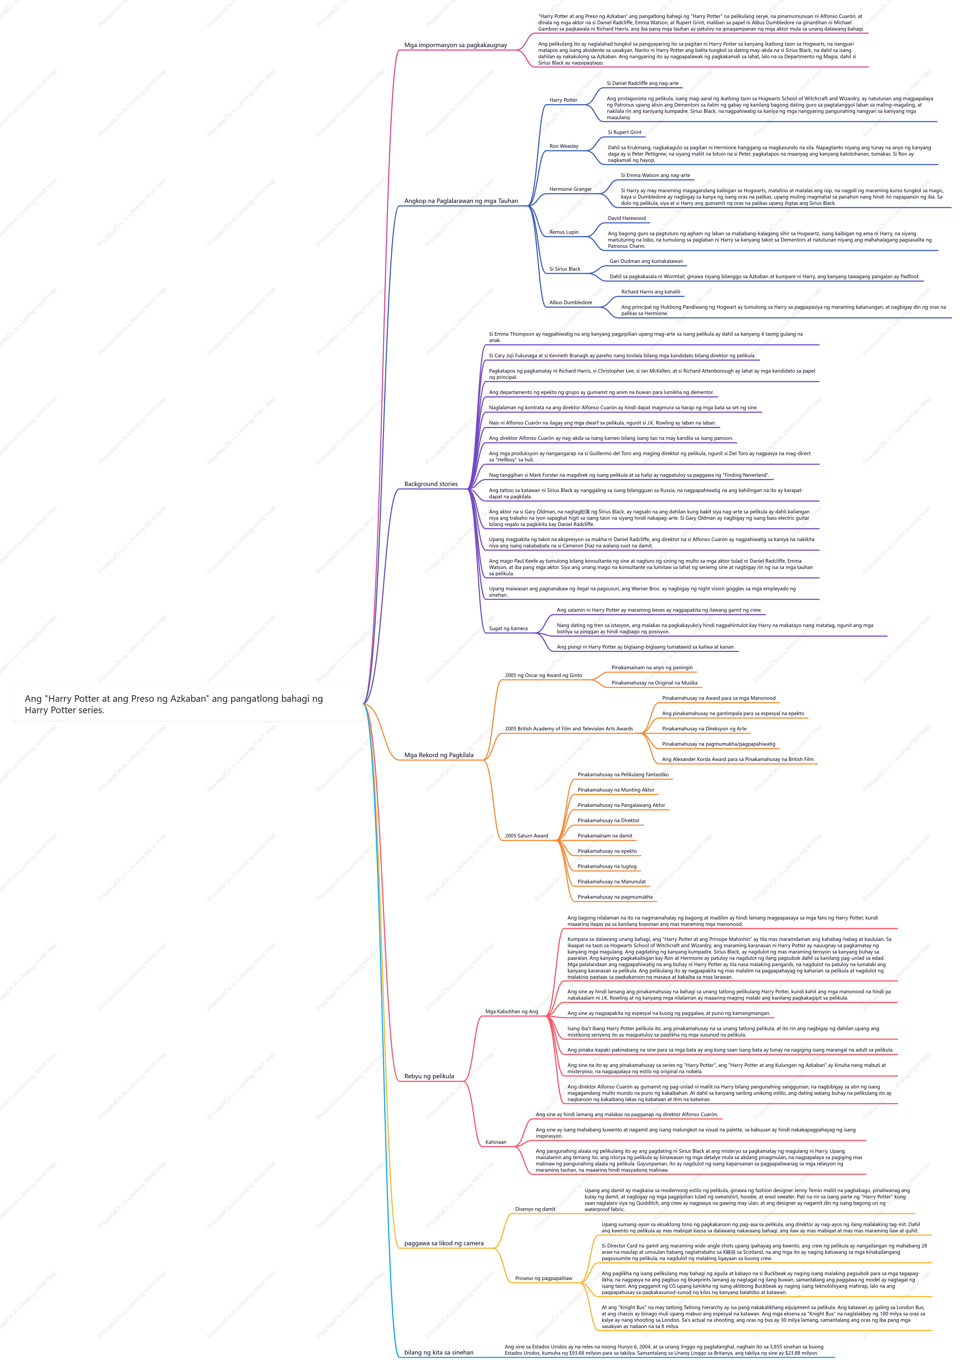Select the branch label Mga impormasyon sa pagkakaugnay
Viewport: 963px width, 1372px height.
click(456, 45)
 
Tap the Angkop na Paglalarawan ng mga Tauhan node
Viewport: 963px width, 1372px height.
click(461, 201)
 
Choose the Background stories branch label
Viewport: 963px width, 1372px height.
click(431, 484)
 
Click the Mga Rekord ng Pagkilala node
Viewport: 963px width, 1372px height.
click(439, 755)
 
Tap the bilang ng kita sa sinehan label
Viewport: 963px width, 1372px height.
click(439, 1352)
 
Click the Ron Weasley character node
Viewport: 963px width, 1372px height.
click(564, 146)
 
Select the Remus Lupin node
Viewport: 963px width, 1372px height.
click(564, 232)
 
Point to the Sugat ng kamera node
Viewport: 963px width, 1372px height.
click(508, 629)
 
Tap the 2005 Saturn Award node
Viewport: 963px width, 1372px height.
click(526, 836)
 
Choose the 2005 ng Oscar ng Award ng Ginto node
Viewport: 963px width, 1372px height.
click(543, 675)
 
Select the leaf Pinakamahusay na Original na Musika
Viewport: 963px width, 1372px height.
click(654, 683)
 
